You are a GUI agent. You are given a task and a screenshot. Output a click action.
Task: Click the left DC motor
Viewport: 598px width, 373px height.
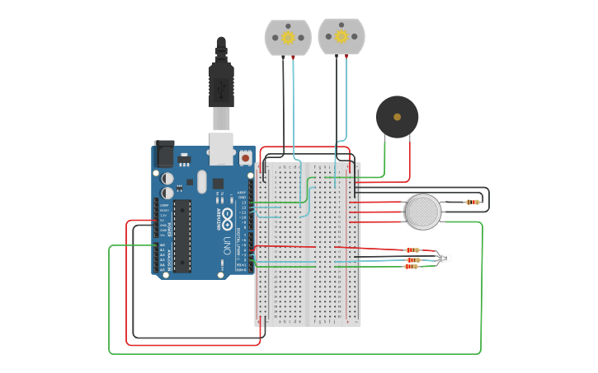(288, 38)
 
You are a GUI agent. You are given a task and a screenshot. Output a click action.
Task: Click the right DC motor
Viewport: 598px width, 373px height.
(341, 37)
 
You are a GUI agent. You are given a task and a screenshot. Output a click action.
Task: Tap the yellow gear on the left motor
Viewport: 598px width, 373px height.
(288, 37)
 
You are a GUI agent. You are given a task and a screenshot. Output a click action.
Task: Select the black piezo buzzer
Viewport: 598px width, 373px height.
(397, 117)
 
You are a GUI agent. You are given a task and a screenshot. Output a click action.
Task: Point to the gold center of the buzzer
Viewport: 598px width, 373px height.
(397, 117)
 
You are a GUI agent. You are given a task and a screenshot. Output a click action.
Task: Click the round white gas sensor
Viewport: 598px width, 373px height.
(423, 212)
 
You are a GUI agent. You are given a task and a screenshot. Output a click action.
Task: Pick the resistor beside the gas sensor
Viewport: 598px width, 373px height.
(472, 202)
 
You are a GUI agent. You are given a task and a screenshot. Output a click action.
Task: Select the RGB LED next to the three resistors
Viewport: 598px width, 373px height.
(445, 259)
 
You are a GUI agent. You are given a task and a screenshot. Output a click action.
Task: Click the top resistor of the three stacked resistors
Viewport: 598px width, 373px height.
(412, 250)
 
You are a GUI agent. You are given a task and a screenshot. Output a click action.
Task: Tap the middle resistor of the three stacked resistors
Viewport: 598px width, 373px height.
(412, 260)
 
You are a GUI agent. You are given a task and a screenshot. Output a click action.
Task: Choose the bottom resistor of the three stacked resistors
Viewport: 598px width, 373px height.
(412, 267)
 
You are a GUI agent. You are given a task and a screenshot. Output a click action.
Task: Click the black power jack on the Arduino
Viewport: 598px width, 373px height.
(164, 154)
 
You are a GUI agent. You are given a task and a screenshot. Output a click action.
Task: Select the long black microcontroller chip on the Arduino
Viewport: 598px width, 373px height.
(181, 235)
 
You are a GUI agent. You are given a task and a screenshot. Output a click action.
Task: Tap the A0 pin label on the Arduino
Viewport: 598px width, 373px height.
(162, 245)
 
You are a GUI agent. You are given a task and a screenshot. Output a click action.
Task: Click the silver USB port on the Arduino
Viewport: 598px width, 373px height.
(221, 149)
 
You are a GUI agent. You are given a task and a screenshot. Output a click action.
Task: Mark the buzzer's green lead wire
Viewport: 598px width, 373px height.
(384, 156)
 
